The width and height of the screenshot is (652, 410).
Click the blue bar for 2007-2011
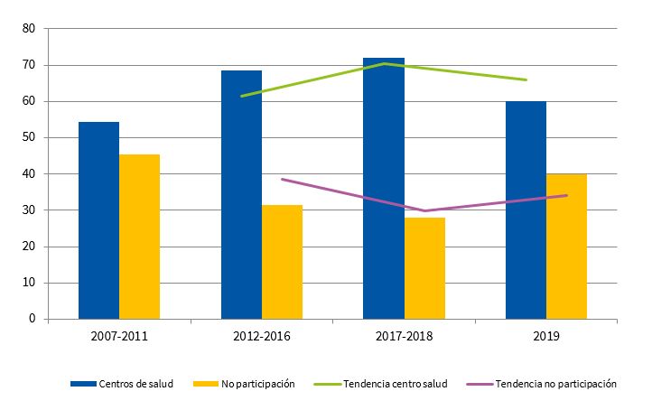[98, 220]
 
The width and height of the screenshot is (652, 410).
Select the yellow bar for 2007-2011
[139, 237]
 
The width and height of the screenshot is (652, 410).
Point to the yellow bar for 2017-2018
[424, 268]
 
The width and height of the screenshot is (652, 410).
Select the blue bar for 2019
[526, 210]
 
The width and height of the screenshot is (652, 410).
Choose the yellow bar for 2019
[567, 246]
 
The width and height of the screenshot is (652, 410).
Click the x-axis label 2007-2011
[119, 337]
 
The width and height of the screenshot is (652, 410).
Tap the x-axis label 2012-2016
[262, 337]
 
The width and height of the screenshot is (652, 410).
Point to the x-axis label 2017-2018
[404, 337]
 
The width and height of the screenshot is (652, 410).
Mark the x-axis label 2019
[546, 337]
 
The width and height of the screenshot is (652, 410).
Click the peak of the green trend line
[385, 63]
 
